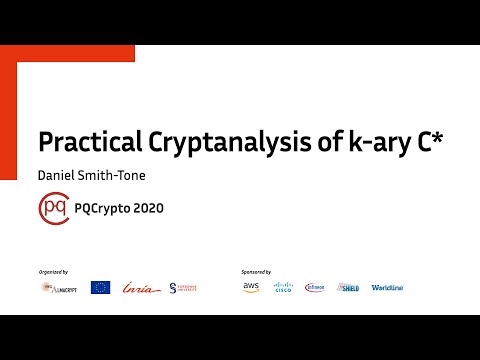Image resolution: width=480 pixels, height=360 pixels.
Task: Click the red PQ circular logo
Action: [53, 210]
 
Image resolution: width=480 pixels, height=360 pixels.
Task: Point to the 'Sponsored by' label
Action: [257, 271]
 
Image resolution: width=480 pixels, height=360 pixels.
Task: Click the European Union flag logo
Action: [100, 287]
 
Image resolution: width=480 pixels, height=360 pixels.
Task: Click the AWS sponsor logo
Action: [250, 287]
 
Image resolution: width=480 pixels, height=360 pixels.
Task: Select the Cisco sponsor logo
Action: [283, 287]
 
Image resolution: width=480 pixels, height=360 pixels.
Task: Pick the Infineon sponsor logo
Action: [315, 287]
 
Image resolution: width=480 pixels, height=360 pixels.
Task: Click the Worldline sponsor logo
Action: [387, 287]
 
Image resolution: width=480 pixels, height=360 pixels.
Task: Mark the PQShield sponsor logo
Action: [348, 287]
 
